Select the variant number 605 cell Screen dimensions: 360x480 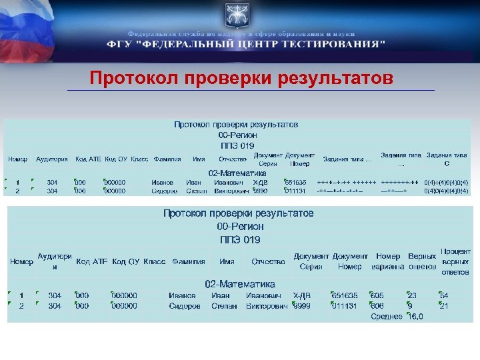(x=377, y=295)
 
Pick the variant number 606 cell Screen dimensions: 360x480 (x=377, y=306)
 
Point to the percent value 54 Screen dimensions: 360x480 (x=444, y=295)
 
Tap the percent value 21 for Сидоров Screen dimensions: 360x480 (x=444, y=306)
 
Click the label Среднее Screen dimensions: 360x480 (x=386, y=317)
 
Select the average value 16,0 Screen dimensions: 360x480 (x=415, y=317)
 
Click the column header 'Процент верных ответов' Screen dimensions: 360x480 (x=455, y=262)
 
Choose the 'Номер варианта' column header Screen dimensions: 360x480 (x=388, y=261)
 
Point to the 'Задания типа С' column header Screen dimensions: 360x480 (x=446, y=159)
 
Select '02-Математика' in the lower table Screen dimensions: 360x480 (x=240, y=284)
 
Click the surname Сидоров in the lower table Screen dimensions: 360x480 (x=185, y=306)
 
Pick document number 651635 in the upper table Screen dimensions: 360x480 (x=295, y=182)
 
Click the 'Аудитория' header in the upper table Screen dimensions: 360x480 (x=52, y=159)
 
